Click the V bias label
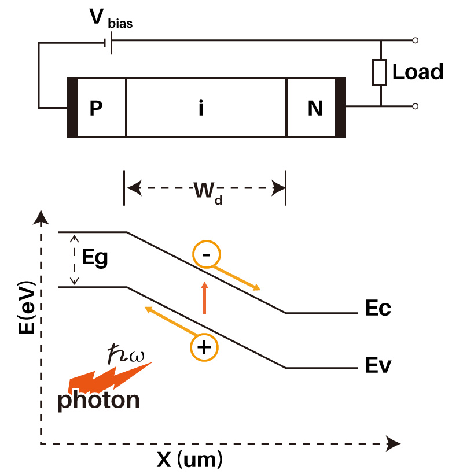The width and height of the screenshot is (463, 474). pyautogui.click(x=111, y=18)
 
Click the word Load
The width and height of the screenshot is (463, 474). pyautogui.click(x=418, y=72)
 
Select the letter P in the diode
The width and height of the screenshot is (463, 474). pyautogui.click(x=96, y=108)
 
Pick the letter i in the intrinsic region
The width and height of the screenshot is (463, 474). pyautogui.click(x=201, y=108)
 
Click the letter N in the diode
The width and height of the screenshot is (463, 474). pyautogui.click(x=315, y=108)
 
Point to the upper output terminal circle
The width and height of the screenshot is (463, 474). pyautogui.click(x=416, y=40)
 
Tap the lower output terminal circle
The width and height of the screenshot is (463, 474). pyautogui.click(x=416, y=106)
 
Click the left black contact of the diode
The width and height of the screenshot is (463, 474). pyautogui.click(x=72, y=108)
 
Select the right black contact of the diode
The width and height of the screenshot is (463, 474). pyautogui.click(x=340, y=108)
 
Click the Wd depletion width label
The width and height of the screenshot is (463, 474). pyautogui.click(x=208, y=192)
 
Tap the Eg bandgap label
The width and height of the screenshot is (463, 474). pyautogui.click(x=95, y=258)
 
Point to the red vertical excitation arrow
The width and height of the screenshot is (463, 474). pyautogui.click(x=205, y=298)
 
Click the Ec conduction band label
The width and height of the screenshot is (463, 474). pyautogui.click(x=378, y=308)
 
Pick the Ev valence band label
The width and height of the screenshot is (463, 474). pyautogui.click(x=378, y=365)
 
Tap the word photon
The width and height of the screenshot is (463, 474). pyautogui.click(x=98, y=401)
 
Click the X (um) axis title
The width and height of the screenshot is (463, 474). pyautogui.click(x=189, y=460)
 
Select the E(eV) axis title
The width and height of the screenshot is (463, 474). pyautogui.click(x=27, y=307)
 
